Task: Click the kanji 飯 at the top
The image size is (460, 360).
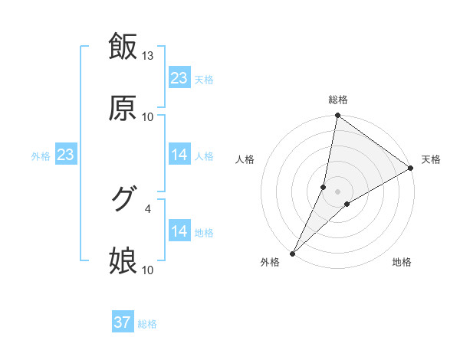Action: coord(123,46)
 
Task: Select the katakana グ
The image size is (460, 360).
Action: coord(123,199)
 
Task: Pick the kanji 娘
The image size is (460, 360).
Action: coord(123,261)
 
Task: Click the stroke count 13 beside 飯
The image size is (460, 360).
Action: coord(148,56)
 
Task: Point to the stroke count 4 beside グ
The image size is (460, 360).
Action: coord(148,208)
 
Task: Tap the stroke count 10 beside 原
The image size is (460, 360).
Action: coord(148,117)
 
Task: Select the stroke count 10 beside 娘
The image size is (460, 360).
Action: coord(148,270)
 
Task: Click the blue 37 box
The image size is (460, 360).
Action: coord(123,322)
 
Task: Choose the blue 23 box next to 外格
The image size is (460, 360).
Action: coord(65,155)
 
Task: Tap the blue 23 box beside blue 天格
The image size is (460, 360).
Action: coord(179,78)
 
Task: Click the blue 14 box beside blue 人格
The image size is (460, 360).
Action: coord(179,155)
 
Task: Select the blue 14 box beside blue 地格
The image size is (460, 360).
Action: coord(179,231)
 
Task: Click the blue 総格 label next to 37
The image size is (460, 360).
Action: coord(147,324)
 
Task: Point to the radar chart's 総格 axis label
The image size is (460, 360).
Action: coord(338,100)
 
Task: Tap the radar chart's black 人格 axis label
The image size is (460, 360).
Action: coord(245,159)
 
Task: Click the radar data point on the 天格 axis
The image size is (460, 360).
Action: coord(411,168)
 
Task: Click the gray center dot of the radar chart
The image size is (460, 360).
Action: coord(338,191)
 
